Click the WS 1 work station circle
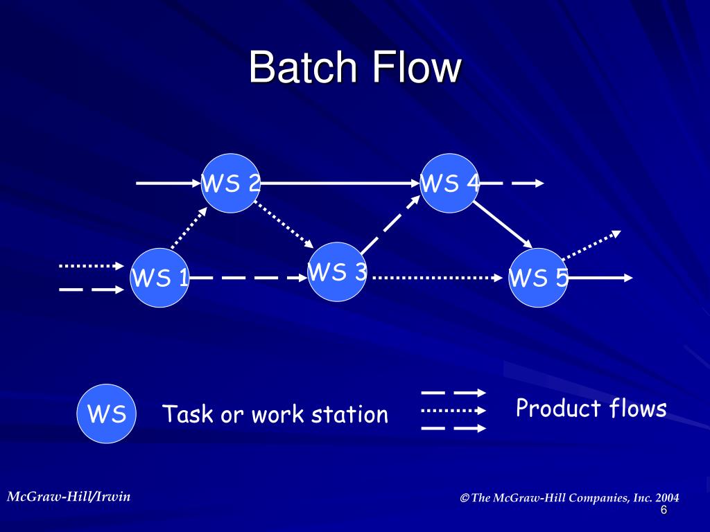159,278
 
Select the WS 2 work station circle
230,183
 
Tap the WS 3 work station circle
337,272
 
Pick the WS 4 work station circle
449,183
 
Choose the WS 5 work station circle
538,278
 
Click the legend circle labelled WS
106,414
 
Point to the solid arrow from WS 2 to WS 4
340,183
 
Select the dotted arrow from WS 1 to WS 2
189,228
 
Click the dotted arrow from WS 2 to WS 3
284,224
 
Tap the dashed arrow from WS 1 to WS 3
248,278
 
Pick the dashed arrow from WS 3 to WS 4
390,224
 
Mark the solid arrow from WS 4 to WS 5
503,224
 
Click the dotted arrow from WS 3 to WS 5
438,278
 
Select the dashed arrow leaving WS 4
512,183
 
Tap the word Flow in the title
417,67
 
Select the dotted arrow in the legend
453,411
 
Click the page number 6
664,511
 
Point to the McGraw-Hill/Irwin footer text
69,497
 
